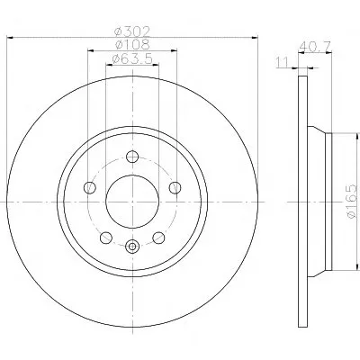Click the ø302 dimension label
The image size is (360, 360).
pos(132,31)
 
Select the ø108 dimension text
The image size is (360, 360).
pos(132,45)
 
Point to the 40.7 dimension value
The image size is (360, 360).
pos(315,47)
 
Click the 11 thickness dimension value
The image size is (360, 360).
pos(283,62)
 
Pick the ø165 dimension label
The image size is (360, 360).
pos(353,202)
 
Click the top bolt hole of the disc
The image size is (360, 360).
pos(132,157)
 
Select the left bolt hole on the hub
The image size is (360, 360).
pos(90,188)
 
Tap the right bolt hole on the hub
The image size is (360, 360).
pos(175,188)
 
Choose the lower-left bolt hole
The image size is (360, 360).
pos(106,238)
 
